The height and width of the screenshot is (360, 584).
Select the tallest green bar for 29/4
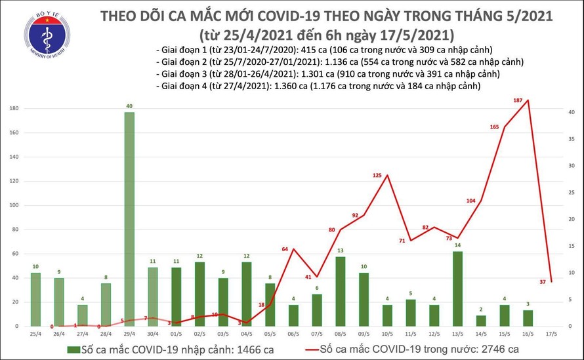(129, 219)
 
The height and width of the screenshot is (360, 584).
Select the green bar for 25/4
(35, 299)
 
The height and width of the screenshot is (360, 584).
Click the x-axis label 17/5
(552, 334)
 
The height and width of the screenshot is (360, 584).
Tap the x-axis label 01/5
(176, 334)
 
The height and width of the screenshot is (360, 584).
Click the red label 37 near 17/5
(543, 282)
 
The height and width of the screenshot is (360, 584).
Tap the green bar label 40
(129, 106)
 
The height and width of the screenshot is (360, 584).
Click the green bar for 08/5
(340, 291)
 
